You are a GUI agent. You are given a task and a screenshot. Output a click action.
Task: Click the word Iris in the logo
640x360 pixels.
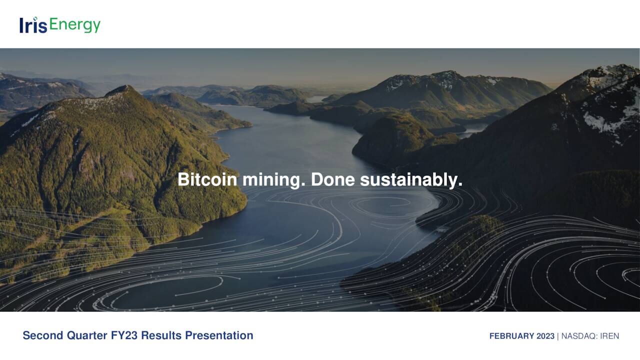33,25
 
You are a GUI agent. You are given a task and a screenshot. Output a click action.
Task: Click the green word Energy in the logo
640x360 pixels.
75,25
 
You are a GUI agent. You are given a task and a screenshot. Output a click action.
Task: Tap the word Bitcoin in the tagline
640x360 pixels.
207,180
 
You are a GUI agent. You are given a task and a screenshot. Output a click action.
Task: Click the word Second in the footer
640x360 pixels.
43,335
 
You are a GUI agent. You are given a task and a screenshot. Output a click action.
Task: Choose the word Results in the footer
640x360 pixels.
161,335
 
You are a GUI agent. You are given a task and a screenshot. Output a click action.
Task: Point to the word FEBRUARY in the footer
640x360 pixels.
512,336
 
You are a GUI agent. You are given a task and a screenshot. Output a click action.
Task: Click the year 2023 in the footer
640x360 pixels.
545,336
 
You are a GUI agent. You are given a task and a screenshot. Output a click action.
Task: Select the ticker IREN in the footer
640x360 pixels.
609,336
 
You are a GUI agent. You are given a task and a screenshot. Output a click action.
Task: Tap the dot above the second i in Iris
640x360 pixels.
36,19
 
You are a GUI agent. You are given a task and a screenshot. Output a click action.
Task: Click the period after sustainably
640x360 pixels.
459,186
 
